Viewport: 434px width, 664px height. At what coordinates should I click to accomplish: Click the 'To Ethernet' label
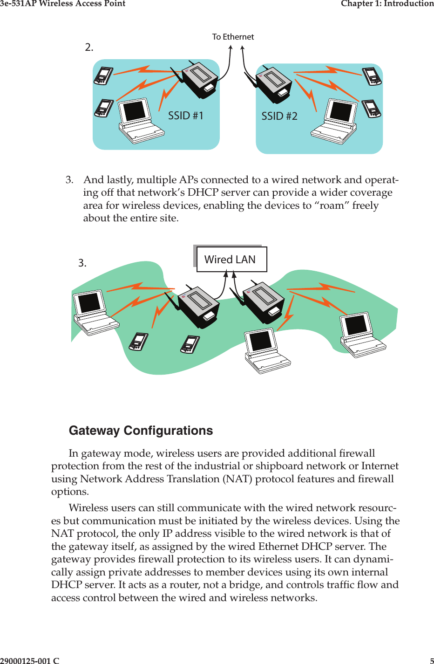pyautogui.click(x=233, y=37)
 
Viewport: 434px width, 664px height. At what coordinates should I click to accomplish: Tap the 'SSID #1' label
pyautogui.click(x=185, y=116)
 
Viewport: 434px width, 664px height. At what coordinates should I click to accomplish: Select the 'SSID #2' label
pyautogui.click(x=279, y=116)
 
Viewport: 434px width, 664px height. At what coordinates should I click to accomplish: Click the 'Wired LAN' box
pyautogui.click(x=231, y=260)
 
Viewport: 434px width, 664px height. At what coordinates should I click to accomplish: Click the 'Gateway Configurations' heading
pyautogui.click(x=141, y=431)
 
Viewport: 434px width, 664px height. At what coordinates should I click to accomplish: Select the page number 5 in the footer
pyautogui.click(x=432, y=660)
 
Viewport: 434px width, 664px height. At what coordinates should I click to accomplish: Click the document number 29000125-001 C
pyautogui.click(x=30, y=660)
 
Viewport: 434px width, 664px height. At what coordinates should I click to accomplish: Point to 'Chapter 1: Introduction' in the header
pyautogui.click(x=387, y=4)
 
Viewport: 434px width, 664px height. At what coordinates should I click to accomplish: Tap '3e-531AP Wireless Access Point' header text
pyautogui.click(x=63, y=4)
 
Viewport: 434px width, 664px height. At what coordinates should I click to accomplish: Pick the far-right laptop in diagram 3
pyautogui.click(x=361, y=334)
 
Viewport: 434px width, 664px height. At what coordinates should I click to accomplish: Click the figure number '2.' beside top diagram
pyautogui.click(x=89, y=47)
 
